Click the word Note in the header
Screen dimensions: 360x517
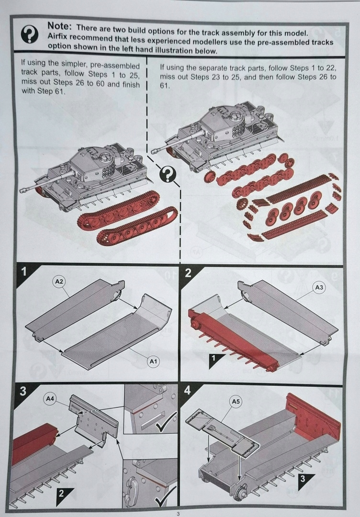59,27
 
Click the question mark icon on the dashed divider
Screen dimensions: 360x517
168,175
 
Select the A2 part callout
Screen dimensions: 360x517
59,282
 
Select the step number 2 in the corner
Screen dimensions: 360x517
188,273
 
